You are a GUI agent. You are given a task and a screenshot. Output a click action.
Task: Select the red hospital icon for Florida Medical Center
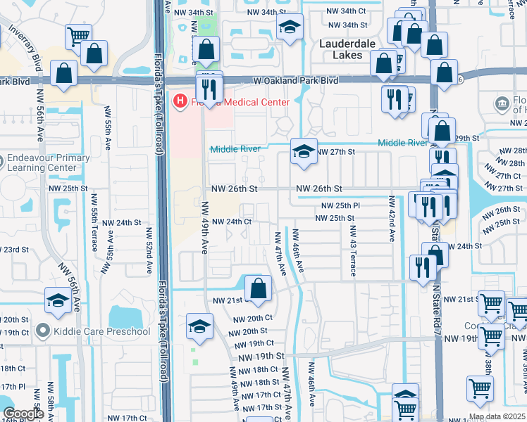[x=180, y=103]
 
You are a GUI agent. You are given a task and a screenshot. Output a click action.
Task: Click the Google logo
[x=23, y=414]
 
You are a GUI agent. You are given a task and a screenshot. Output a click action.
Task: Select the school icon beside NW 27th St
[x=304, y=151]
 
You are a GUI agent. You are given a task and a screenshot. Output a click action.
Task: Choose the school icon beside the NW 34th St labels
[x=290, y=28]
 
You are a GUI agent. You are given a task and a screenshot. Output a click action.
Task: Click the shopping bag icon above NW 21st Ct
[x=259, y=288]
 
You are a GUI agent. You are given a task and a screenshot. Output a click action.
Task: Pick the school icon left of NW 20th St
[x=200, y=327]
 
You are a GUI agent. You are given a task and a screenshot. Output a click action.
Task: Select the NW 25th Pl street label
[x=341, y=205]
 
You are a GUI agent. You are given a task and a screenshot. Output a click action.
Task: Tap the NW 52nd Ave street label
[x=149, y=250]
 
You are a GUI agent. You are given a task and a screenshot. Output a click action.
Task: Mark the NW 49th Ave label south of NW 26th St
[x=205, y=228]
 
